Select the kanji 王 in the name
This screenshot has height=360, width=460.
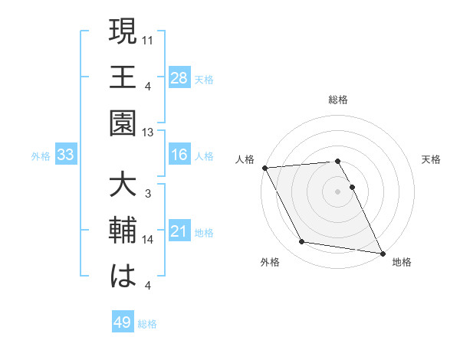123,77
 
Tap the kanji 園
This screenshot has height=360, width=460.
123,124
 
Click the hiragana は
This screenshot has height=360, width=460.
123,277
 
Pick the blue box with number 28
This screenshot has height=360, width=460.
179,77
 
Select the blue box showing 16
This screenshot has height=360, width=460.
179,155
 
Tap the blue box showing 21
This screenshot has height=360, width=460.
179,231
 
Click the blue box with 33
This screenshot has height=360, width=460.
65,155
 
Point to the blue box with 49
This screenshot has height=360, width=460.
123,322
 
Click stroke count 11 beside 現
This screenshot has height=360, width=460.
149,38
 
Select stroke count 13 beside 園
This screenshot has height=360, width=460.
149,132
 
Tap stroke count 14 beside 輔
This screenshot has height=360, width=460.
149,240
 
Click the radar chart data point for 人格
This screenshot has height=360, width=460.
264,168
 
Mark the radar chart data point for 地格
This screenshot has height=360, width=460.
381,253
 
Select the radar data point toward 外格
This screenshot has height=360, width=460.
302,242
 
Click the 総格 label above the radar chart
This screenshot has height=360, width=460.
338,100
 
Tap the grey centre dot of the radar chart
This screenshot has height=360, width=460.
338,191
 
